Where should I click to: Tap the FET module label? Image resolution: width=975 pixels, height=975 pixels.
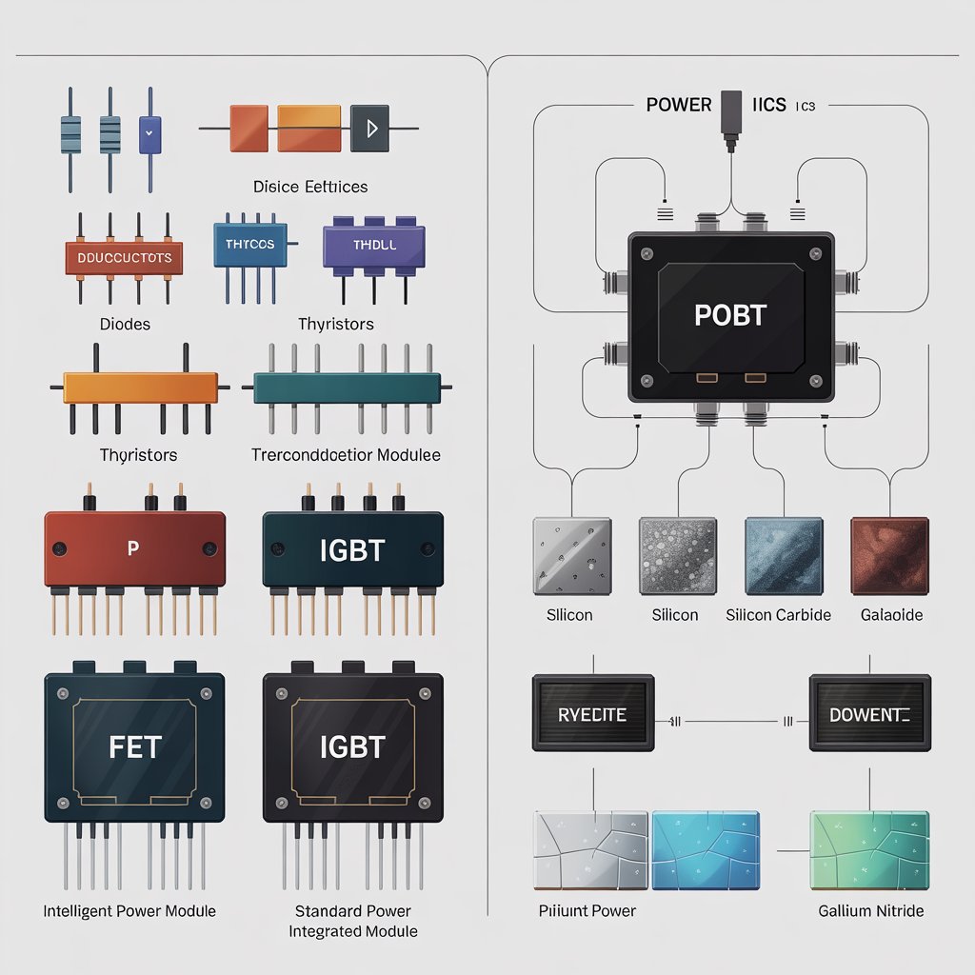click(135, 746)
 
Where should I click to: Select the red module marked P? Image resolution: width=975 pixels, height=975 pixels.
click(134, 549)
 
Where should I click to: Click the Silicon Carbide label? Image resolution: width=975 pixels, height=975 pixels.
click(778, 615)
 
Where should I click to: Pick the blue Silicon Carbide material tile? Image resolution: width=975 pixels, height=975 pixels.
click(784, 556)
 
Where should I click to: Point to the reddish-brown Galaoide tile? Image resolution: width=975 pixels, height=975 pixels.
click(888, 556)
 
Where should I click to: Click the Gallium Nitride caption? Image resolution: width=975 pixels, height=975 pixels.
click(870, 911)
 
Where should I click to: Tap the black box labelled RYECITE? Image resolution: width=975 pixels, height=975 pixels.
click(593, 713)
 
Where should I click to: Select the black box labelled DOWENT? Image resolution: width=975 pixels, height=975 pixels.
click(869, 713)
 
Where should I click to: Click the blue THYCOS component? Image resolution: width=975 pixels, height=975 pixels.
click(249, 245)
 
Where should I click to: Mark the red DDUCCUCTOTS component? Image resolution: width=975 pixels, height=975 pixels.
click(123, 257)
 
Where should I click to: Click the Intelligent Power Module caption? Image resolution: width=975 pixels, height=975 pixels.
click(129, 911)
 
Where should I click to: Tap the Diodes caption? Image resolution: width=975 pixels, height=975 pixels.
click(125, 325)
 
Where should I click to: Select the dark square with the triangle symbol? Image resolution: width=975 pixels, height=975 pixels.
click(369, 128)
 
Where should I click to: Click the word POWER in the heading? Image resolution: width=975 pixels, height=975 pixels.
click(678, 105)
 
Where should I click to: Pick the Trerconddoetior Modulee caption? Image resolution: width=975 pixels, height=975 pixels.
click(346, 455)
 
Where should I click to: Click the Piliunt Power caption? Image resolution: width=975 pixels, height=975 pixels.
click(587, 911)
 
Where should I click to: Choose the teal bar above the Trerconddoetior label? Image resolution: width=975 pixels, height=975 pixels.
click(347, 388)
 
